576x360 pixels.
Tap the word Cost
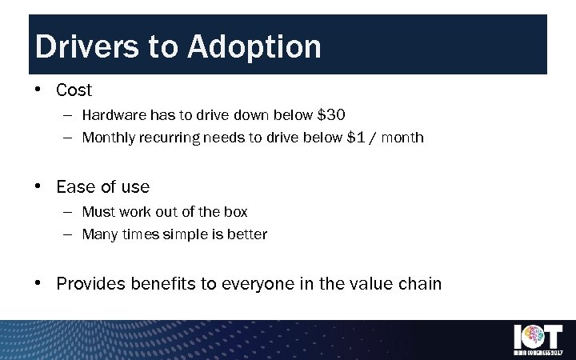(x=74, y=90)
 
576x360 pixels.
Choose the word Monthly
(x=109, y=138)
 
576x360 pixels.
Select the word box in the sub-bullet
(x=235, y=212)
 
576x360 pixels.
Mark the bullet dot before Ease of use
(x=38, y=187)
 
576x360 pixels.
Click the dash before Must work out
(x=66, y=212)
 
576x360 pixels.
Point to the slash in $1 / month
(x=373, y=138)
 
